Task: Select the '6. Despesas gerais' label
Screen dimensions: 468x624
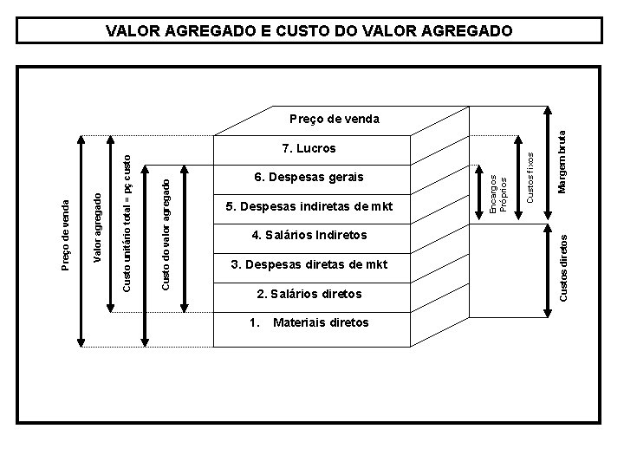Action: point(309,177)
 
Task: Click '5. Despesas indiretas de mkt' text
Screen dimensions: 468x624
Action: point(309,206)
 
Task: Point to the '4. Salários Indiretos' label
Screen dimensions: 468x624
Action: point(309,235)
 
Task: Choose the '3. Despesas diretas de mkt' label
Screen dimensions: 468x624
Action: point(309,264)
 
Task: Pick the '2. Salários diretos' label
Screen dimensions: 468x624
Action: point(309,294)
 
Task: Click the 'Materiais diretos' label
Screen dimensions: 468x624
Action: point(321,322)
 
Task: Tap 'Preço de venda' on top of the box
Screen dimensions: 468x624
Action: point(334,117)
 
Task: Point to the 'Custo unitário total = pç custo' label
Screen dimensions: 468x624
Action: point(127,222)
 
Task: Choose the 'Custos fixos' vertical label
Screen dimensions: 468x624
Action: point(530,179)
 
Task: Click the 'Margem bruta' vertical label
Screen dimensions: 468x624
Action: point(562,161)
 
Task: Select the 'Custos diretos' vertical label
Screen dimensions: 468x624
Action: point(564,263)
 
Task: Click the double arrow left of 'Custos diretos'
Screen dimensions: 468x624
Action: point(546,264)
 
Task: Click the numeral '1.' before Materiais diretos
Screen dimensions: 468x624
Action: point(254,322)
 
